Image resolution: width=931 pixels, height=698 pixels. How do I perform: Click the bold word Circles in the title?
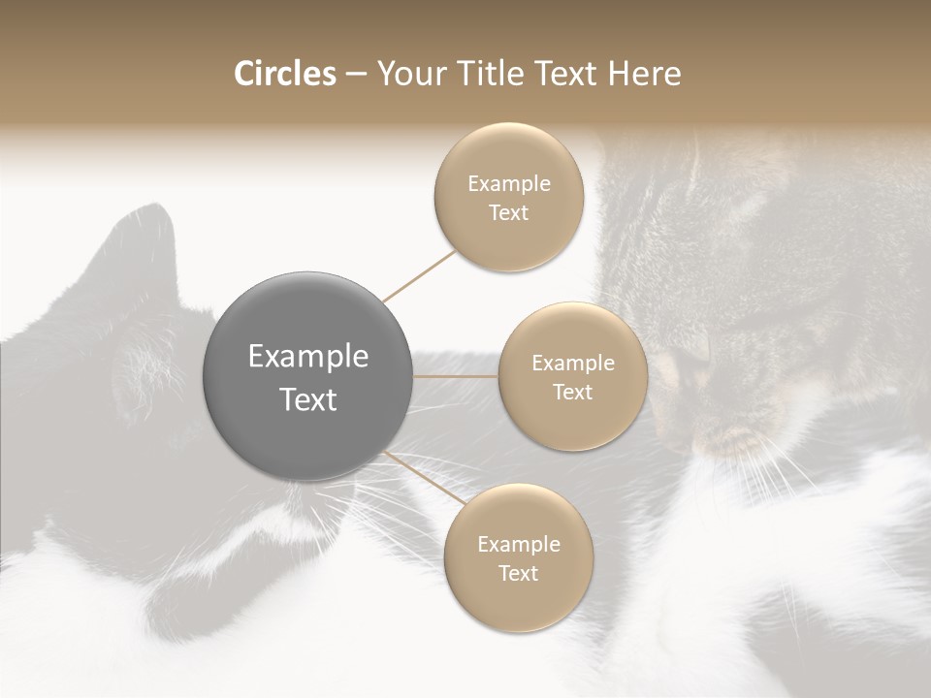click(284, 74)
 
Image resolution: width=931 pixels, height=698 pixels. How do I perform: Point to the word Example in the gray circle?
click(307, 357)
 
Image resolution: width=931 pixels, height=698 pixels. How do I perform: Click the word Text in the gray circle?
click(307, 399)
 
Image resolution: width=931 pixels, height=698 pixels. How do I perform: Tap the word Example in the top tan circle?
click(509, 184)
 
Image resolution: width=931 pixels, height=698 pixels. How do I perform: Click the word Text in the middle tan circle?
click(572, 392)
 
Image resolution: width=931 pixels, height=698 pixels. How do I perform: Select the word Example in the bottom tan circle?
click(518, 544)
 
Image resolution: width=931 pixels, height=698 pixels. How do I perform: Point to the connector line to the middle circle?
click(456, 376)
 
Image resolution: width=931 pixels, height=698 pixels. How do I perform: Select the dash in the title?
click(355, 74)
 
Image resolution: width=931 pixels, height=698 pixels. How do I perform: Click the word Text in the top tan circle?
click(509, 213)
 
